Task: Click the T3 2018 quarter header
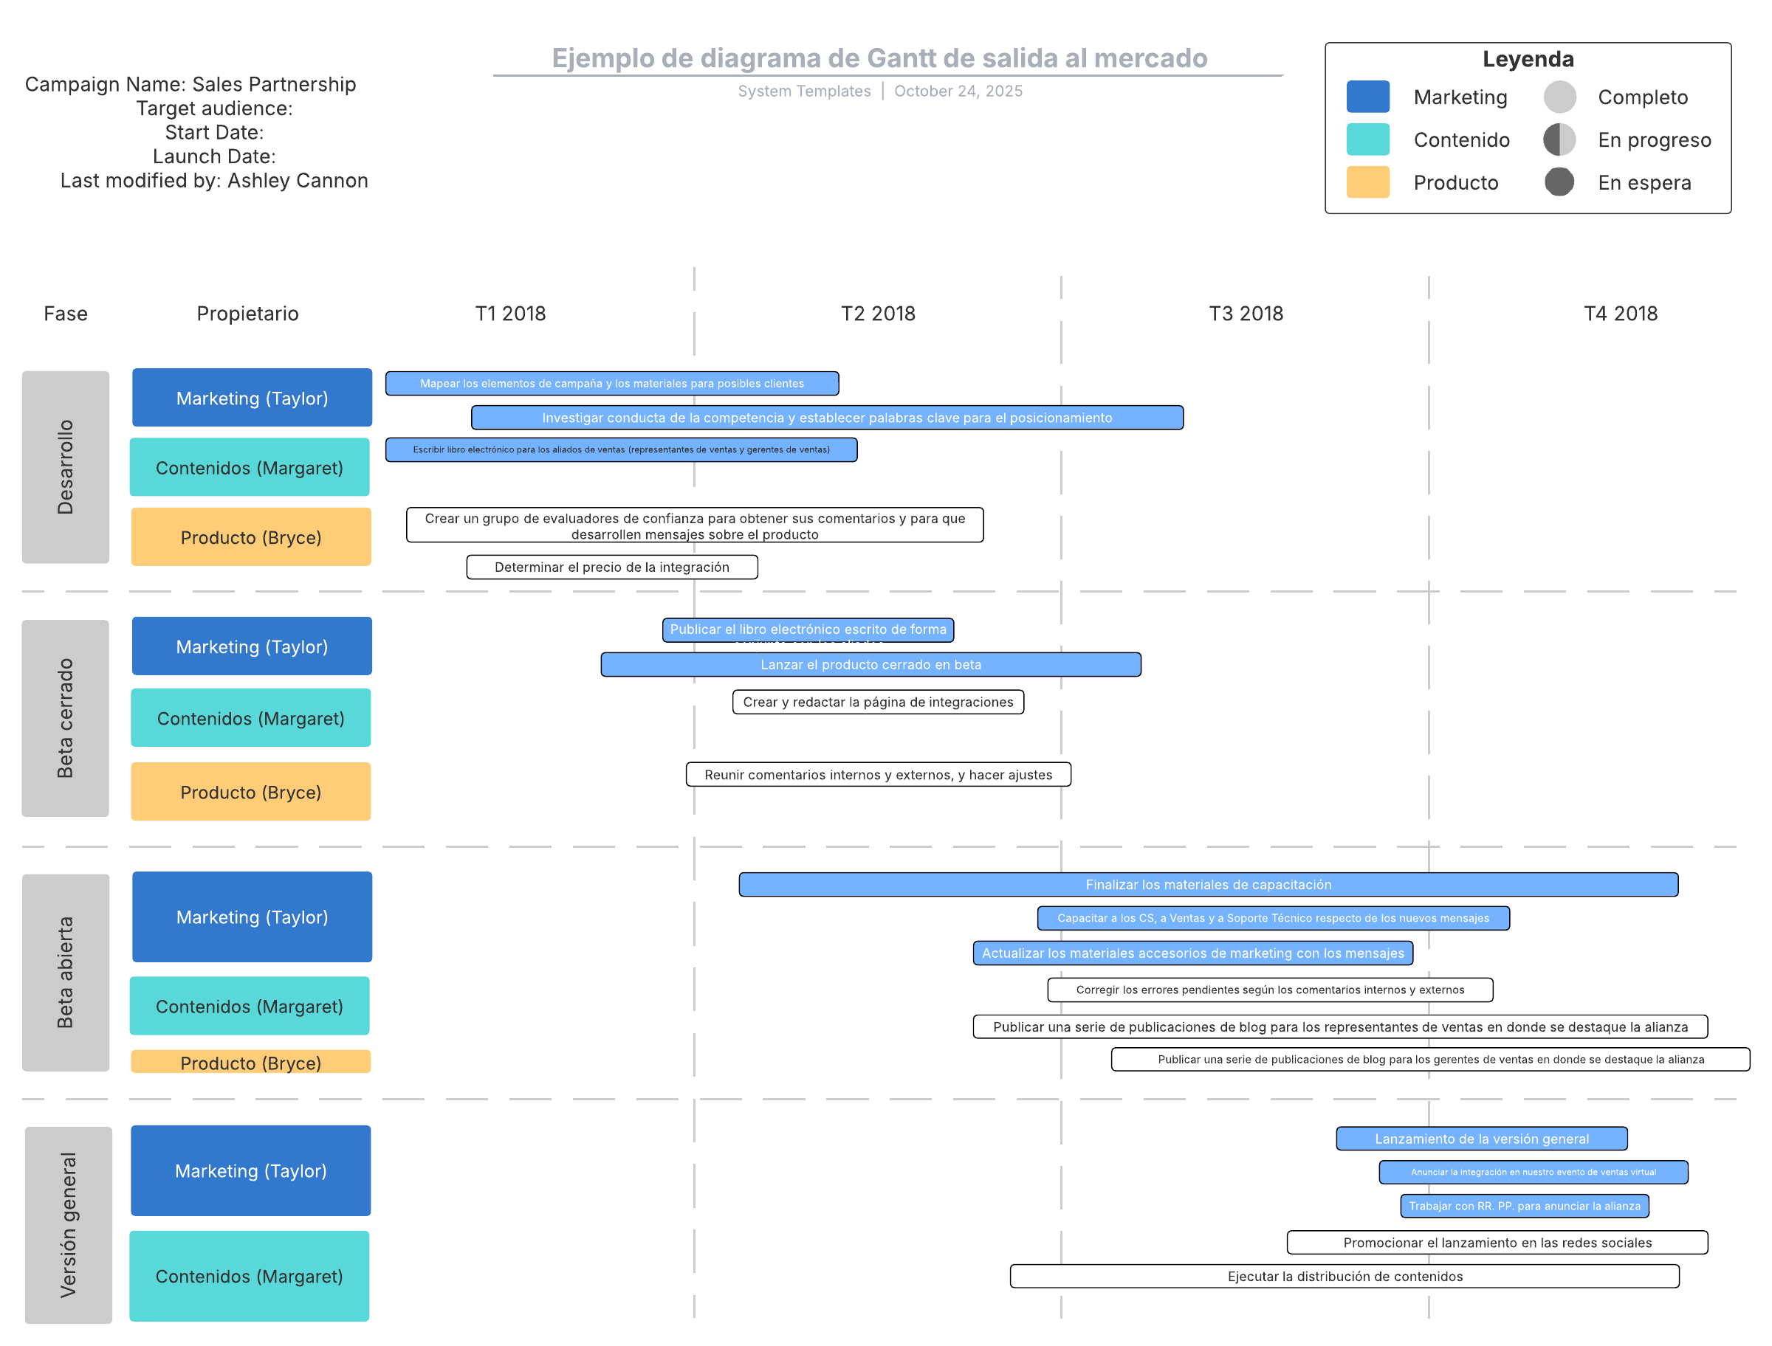1246,314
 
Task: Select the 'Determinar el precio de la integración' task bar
611,567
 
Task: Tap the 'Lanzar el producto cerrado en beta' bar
870,664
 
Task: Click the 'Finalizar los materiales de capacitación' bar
1208,885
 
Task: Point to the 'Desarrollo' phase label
66,467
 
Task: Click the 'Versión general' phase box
68,1224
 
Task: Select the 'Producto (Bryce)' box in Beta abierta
251,1062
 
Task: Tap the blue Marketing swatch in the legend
1367,97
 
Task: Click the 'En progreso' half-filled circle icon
1559,139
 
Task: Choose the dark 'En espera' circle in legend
1559,182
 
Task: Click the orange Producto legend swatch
1367,182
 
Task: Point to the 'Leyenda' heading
1528,59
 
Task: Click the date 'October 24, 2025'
958,92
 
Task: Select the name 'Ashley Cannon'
298,181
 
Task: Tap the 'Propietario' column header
247,314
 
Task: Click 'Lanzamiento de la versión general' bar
1481,1139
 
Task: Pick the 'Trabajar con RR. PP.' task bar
1524,1206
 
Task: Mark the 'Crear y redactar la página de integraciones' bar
878,702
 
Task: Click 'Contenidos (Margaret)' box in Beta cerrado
251,718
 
